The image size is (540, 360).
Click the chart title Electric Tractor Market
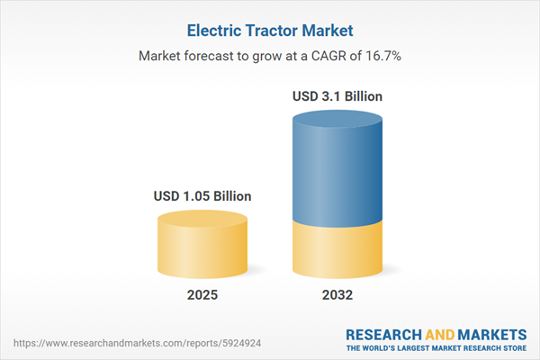[x=270, y=30]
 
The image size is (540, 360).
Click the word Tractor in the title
[x=273, y=30]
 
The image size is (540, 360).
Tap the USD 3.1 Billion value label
[x=338, y=96]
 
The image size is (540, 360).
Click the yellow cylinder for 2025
[x=202, y=252]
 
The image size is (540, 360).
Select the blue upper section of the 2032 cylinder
[x=338, y=171]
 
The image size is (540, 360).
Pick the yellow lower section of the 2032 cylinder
[x=338, y=252]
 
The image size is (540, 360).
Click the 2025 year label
[x=202, y=295]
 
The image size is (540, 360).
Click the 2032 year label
[x=338, y=295]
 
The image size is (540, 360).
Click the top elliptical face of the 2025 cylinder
[x=202, y=220]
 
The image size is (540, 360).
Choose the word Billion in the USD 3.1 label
[x=361, y=96]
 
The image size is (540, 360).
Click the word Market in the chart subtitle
[x=162, y=56]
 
